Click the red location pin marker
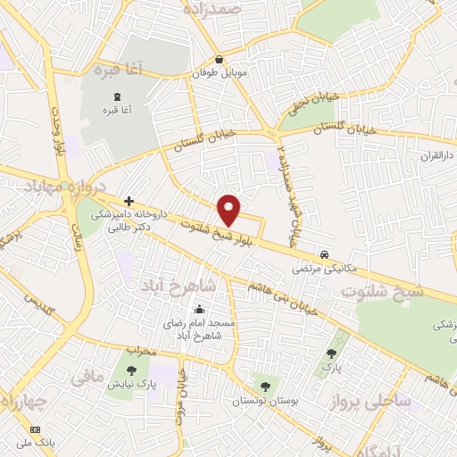229,210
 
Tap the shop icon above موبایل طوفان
219,61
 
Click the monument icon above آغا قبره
113,96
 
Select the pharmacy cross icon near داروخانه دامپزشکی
129,201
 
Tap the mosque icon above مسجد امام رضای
198,310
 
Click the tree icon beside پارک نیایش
131,370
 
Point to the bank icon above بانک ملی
36,429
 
